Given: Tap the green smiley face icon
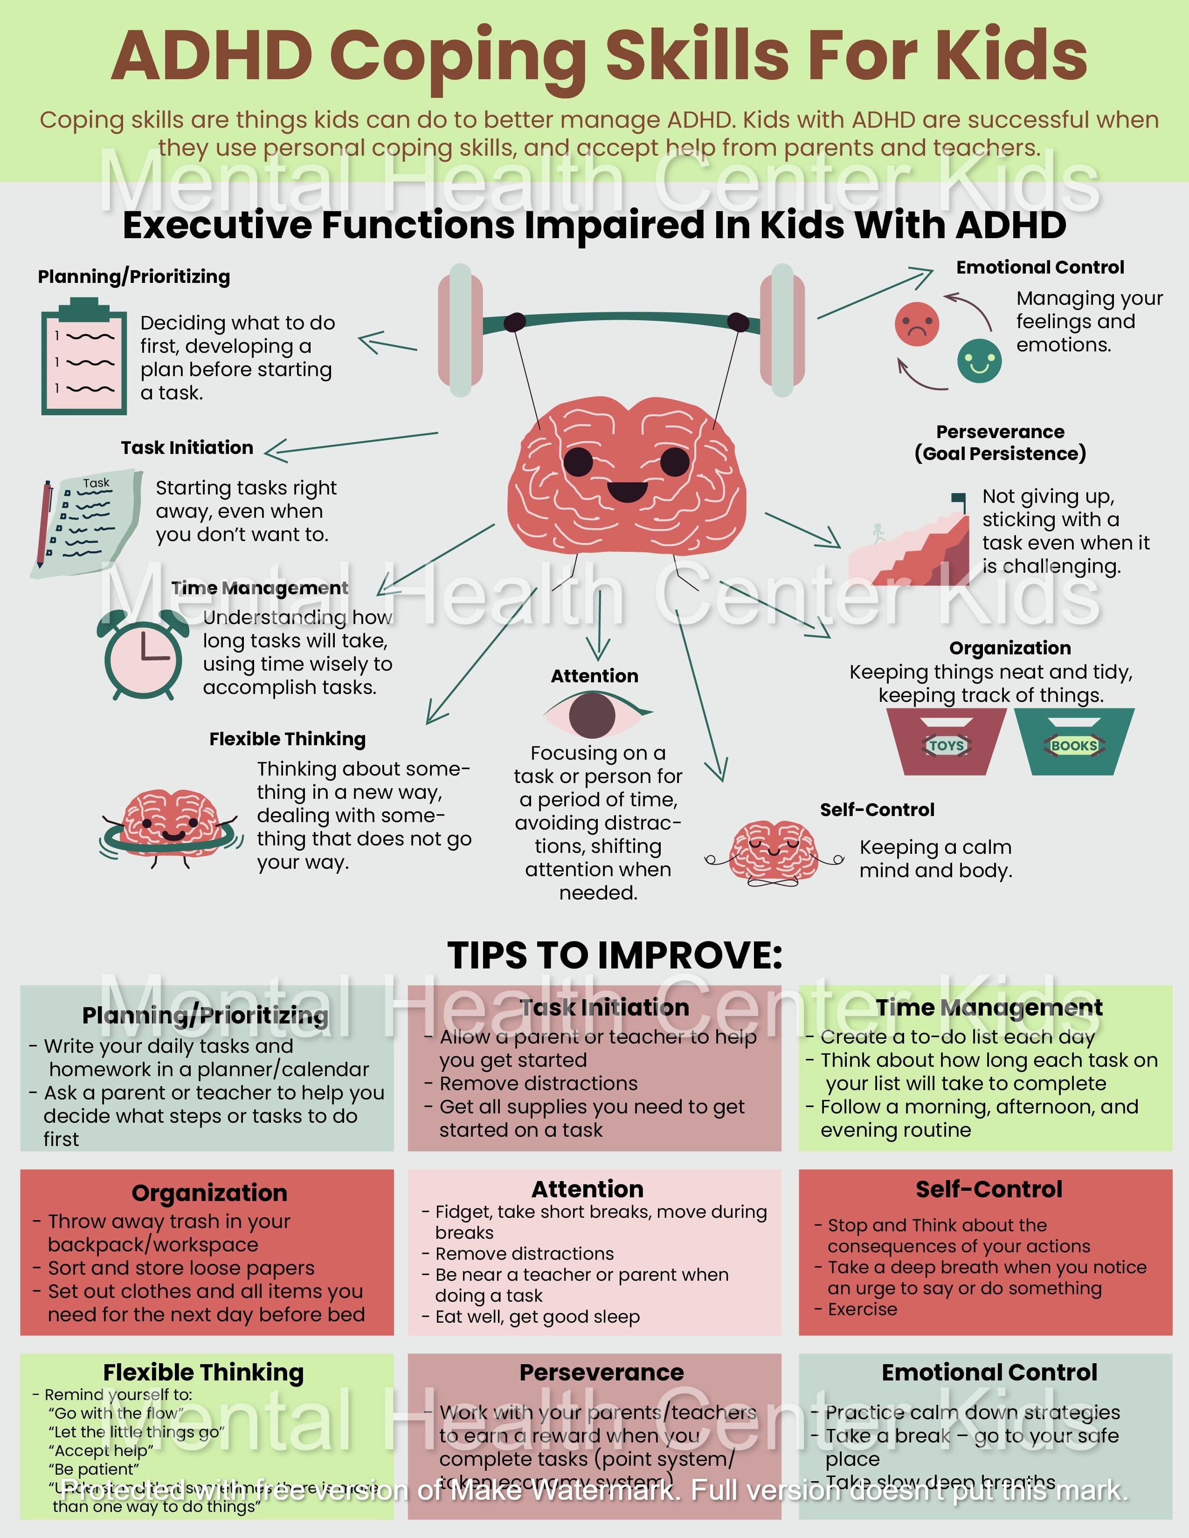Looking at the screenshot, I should click(x=979, y=361).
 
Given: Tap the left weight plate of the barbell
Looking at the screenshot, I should click(x=460, y=330).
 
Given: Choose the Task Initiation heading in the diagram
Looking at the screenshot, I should click(x=187, y=448).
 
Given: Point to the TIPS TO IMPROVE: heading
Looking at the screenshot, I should click(x=614, y=955).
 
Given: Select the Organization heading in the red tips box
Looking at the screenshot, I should click(x=209, y=1193).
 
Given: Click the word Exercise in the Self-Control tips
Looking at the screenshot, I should click(x=862, y=1309).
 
